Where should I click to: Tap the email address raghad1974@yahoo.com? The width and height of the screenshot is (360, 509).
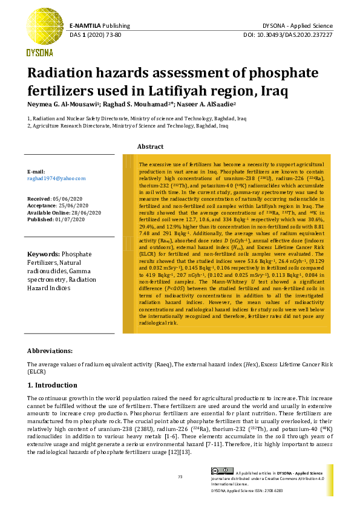pyautogui.click(x=56, y=178)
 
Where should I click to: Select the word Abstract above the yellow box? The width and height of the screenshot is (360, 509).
pyautogui.click(x=151, y=147)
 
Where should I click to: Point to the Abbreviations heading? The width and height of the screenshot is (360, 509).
pyautogui.click(x=50, y=351)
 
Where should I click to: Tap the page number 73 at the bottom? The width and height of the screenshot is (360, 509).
pyautogui.click(x=180, y=477)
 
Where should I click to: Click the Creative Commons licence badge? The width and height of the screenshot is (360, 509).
pyautogui.click(x=221, y=471)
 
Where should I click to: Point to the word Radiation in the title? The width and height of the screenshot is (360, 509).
pyautogui.click(x=62, y=74)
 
